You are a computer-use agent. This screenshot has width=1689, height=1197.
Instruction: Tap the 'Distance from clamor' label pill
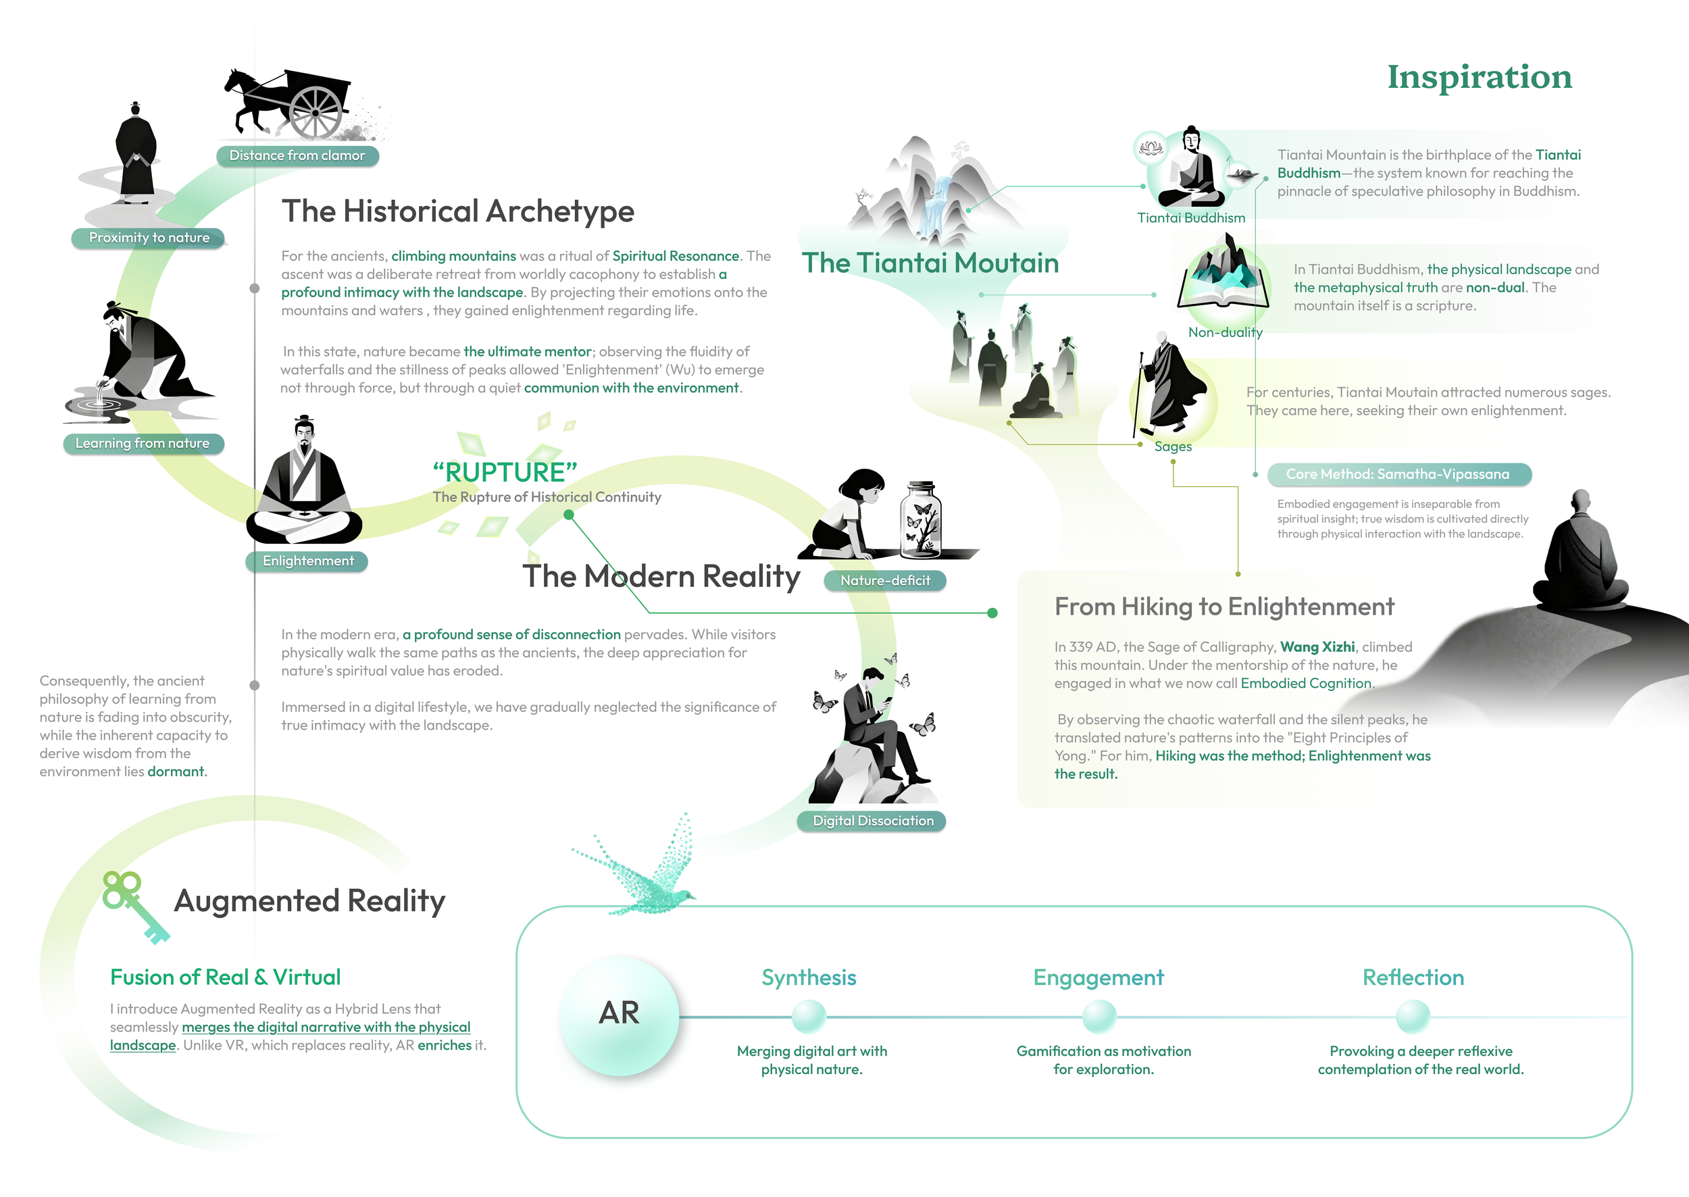coord(297,155)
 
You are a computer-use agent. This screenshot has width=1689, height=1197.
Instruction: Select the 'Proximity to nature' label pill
coord(149,238)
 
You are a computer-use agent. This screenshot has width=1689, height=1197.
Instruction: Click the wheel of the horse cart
coord(316,113)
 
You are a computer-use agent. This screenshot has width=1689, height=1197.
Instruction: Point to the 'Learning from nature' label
coord(143,444)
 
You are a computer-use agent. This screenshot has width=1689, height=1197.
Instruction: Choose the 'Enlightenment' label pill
coord(307,561)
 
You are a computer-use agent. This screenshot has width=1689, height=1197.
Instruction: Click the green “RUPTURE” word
coord(505,472)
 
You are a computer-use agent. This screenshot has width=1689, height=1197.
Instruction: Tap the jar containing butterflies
coord(921,519)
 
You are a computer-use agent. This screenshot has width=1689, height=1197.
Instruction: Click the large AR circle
coord(619,1014)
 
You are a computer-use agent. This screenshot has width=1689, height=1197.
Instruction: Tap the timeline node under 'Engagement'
coord(1099,1017)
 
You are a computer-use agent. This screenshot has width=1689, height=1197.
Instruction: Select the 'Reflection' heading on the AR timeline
coord(1413,977)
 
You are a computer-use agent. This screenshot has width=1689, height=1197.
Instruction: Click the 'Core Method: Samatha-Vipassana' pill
coord(1398,475)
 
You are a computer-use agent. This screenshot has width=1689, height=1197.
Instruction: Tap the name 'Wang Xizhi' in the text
coord(1317,647)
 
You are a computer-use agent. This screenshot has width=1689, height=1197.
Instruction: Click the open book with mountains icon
coord(1224,280)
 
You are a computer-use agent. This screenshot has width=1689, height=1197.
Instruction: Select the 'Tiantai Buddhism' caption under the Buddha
coord(1190,218)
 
